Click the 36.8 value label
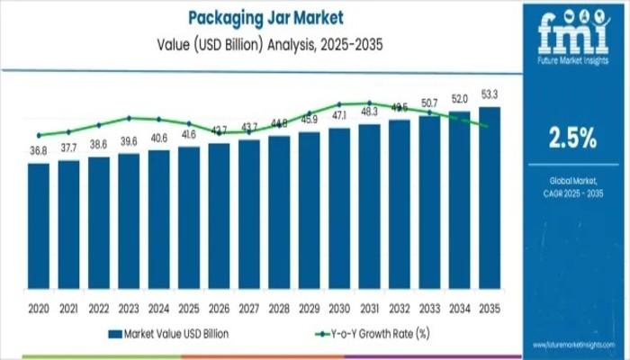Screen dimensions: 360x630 [39, 151]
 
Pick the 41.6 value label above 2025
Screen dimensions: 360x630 [189, 134]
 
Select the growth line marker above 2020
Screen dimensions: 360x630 [39, 135]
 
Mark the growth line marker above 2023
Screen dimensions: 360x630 [129, 118]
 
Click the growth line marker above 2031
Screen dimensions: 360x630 [369, 103]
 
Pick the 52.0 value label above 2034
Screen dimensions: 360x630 [460, 99]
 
